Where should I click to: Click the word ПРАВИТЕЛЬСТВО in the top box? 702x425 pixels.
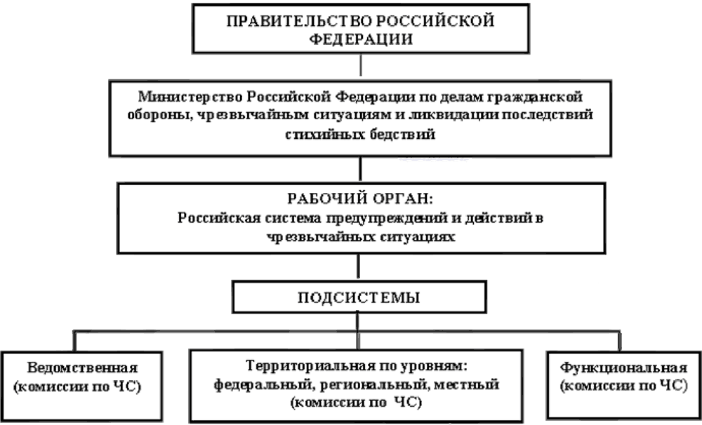(282, 20)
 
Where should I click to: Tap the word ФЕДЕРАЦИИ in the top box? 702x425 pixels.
(360, 39)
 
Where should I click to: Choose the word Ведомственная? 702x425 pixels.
(82, 367)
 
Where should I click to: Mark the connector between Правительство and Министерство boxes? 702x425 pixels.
(360, 65)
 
